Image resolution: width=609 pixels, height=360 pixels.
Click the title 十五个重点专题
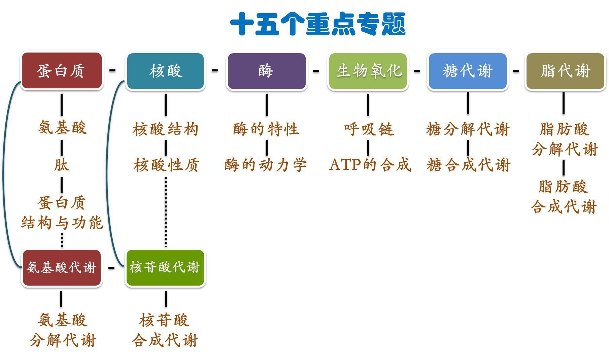coord(318,24)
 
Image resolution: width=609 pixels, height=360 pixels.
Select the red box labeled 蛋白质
coord(61,71)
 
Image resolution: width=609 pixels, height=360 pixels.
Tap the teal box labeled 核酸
coord(165,71)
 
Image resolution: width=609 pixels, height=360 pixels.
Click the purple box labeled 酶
coord(266,71)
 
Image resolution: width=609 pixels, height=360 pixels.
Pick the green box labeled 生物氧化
coord(368,71)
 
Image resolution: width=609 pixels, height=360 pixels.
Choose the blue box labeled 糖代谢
coord(467,71)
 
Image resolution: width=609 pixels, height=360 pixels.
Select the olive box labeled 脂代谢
coord(565,71)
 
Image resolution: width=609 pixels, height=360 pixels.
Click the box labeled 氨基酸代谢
coord(61,268)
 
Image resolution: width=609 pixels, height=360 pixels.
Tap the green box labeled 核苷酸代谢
coord(165,268)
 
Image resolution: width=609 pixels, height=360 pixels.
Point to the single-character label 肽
coord(62,165)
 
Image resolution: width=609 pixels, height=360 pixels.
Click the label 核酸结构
coord(165,129)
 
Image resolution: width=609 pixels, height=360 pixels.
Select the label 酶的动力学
coord(266,165)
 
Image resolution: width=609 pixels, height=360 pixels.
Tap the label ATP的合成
coord(370,165)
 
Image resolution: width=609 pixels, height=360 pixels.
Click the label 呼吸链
coord(369,129)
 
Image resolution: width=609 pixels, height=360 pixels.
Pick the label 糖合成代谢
coord(468,165)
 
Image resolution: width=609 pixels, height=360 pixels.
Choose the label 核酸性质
coord(166,165)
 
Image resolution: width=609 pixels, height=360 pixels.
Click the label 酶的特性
coord(266,129)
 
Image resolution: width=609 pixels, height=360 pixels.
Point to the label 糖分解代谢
coord(468,129)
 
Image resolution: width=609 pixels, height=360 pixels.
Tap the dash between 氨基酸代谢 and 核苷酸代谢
coord(111,268)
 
